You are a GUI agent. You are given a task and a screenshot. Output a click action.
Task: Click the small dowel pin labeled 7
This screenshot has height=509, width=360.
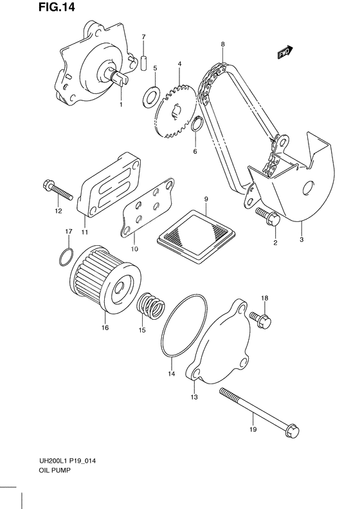(144, 61)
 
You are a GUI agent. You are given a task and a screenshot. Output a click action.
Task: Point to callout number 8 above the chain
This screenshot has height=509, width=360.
(222, 44)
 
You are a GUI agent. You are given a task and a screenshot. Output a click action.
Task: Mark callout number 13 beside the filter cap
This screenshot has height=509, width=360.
(193, 398)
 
